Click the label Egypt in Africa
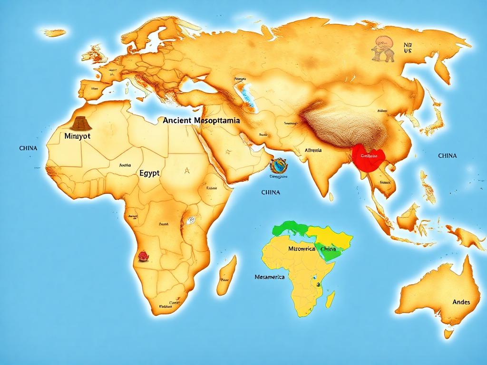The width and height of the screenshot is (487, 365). [149, 173]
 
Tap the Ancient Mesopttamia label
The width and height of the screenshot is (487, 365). [201, 121]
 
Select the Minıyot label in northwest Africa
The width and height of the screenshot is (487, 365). [77, 135]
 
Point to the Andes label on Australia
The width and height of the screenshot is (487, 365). [461, 302]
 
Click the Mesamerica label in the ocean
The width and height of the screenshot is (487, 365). [270, 277]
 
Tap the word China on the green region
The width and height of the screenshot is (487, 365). [328, 250]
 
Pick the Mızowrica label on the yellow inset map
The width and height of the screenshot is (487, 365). [302, 249]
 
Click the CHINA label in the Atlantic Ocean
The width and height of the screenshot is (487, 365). [28, 148]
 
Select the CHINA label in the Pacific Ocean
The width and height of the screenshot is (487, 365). [447, 155]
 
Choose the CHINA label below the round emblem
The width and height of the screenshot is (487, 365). [271, 192]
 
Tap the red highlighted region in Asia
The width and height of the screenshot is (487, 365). [368, 157]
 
